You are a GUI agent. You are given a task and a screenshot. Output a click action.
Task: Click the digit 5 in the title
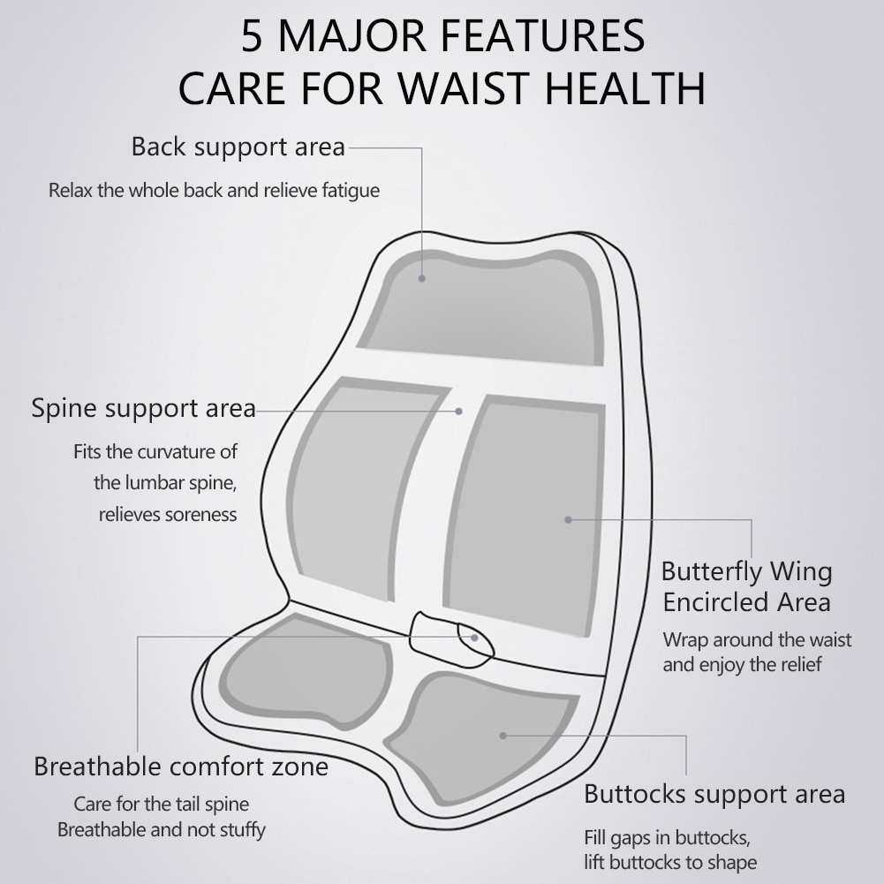click(x=252, y=36)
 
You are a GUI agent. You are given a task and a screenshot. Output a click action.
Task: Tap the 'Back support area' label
click(x=238, y=147)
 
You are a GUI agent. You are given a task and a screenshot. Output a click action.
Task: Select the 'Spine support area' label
click(x=143, y=408)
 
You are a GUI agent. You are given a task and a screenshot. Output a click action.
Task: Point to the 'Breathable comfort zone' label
click(x=181, y=767)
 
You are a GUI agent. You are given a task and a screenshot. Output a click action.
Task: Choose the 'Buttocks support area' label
click(x=714, y=794)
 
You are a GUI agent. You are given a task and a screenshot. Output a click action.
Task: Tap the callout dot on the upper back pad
click(x=422, y=278)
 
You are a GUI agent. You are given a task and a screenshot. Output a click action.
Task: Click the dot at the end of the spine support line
click(x=459, y=412)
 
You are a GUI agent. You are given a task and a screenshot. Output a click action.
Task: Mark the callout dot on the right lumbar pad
click(x=569, y=520)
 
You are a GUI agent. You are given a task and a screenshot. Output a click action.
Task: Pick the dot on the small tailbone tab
click(x=475, y=638)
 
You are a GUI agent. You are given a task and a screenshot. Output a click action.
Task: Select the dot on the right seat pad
click(x=502, y=736)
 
